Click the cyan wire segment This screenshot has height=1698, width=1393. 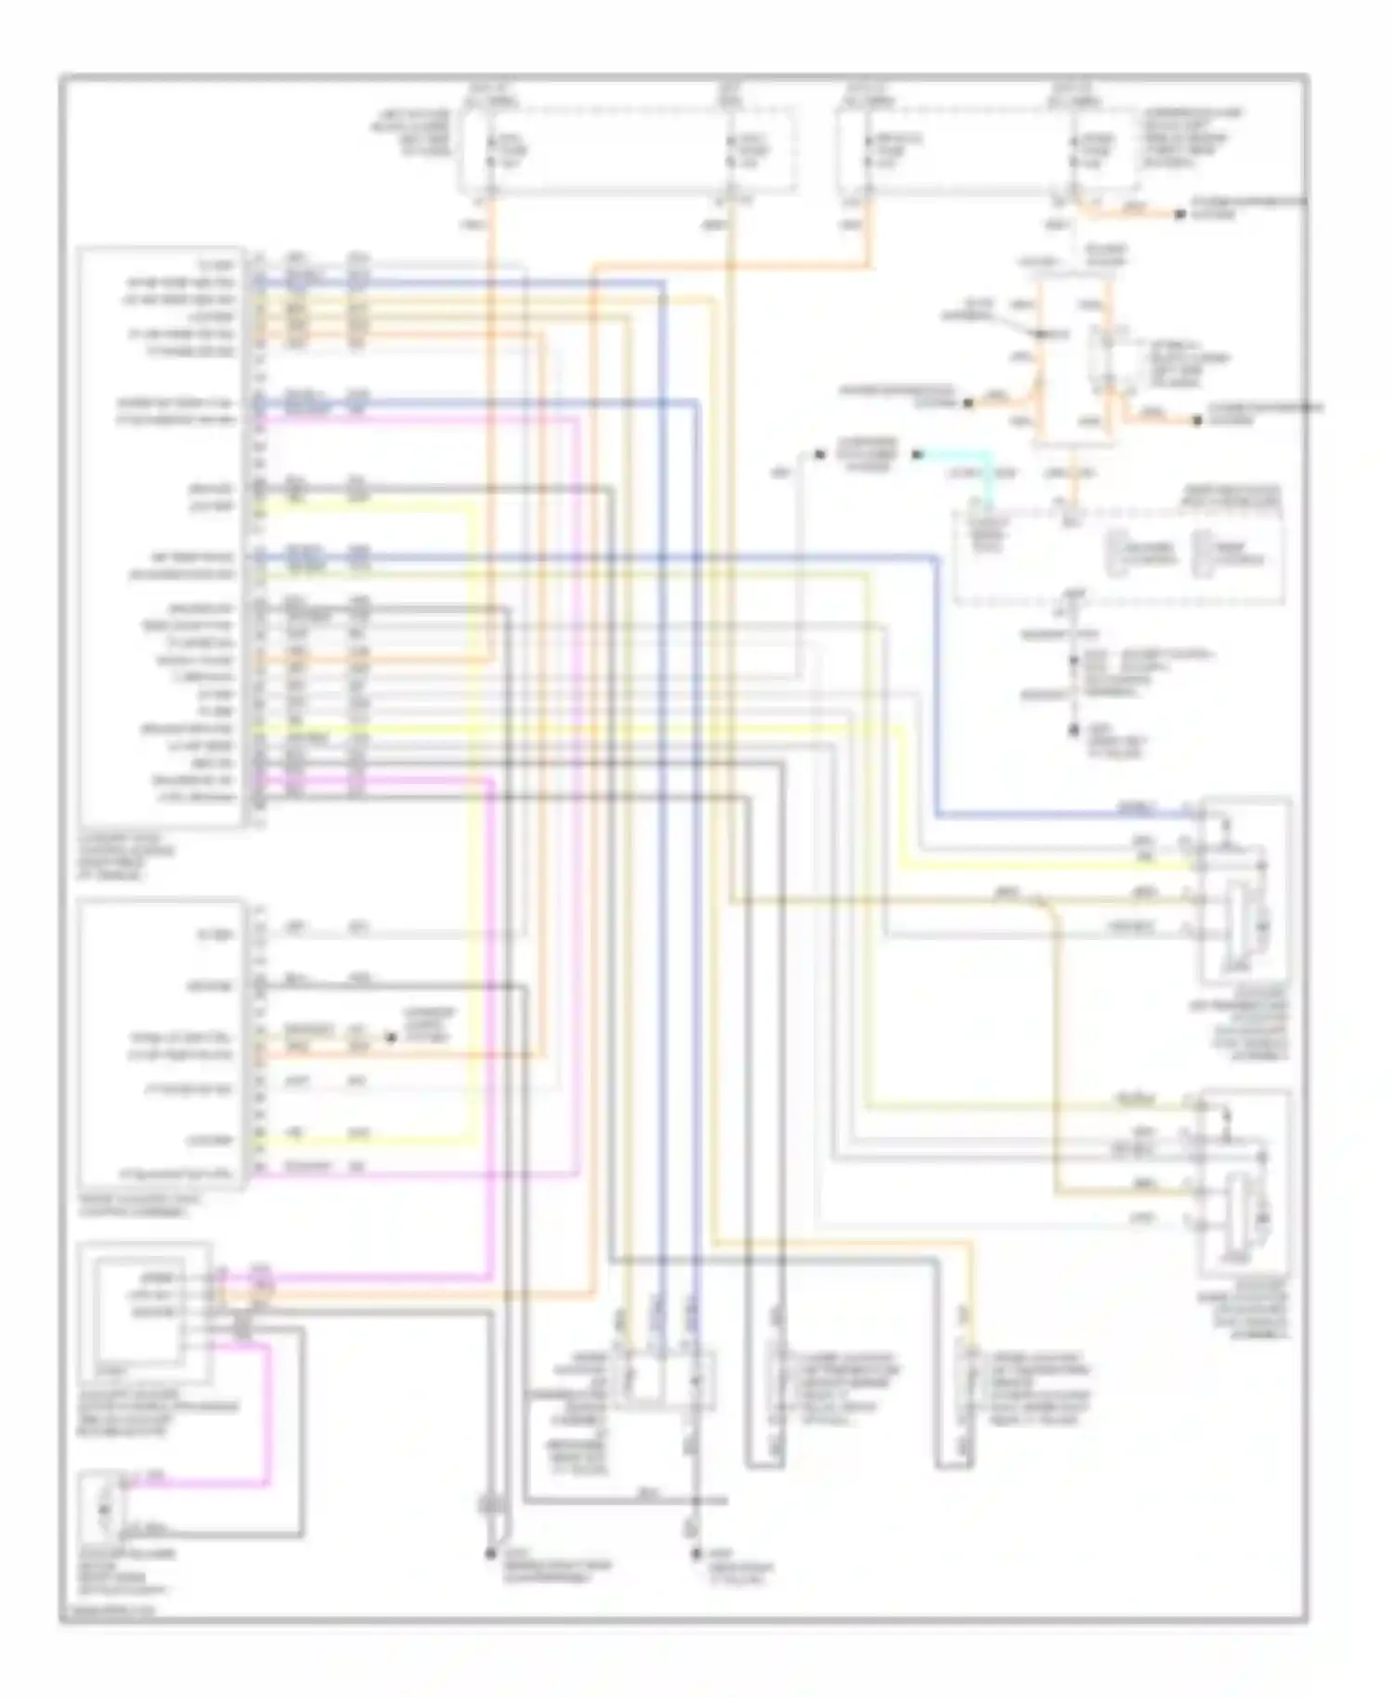pos(957,455)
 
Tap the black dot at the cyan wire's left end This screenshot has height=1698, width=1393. pos(917,454)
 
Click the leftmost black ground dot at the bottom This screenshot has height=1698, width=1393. pos(489,1553)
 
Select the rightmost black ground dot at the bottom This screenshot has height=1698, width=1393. pos(694,1553)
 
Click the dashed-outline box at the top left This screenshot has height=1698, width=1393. pos(625,150)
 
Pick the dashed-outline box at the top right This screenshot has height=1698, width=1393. pos(986,150)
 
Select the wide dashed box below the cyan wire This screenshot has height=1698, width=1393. pos(1120,555)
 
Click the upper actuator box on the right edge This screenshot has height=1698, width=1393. pos(1244,890)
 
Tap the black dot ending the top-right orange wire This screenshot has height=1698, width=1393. pos(1179,215)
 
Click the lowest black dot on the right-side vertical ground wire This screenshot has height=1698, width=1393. pos(1074,731)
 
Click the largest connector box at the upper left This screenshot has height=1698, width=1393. pos(163,536)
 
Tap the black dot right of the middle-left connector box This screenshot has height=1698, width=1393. pos(390,1038)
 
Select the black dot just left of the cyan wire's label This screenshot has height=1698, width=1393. pos(820,454)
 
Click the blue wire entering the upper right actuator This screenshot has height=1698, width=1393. pos(1068,816)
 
